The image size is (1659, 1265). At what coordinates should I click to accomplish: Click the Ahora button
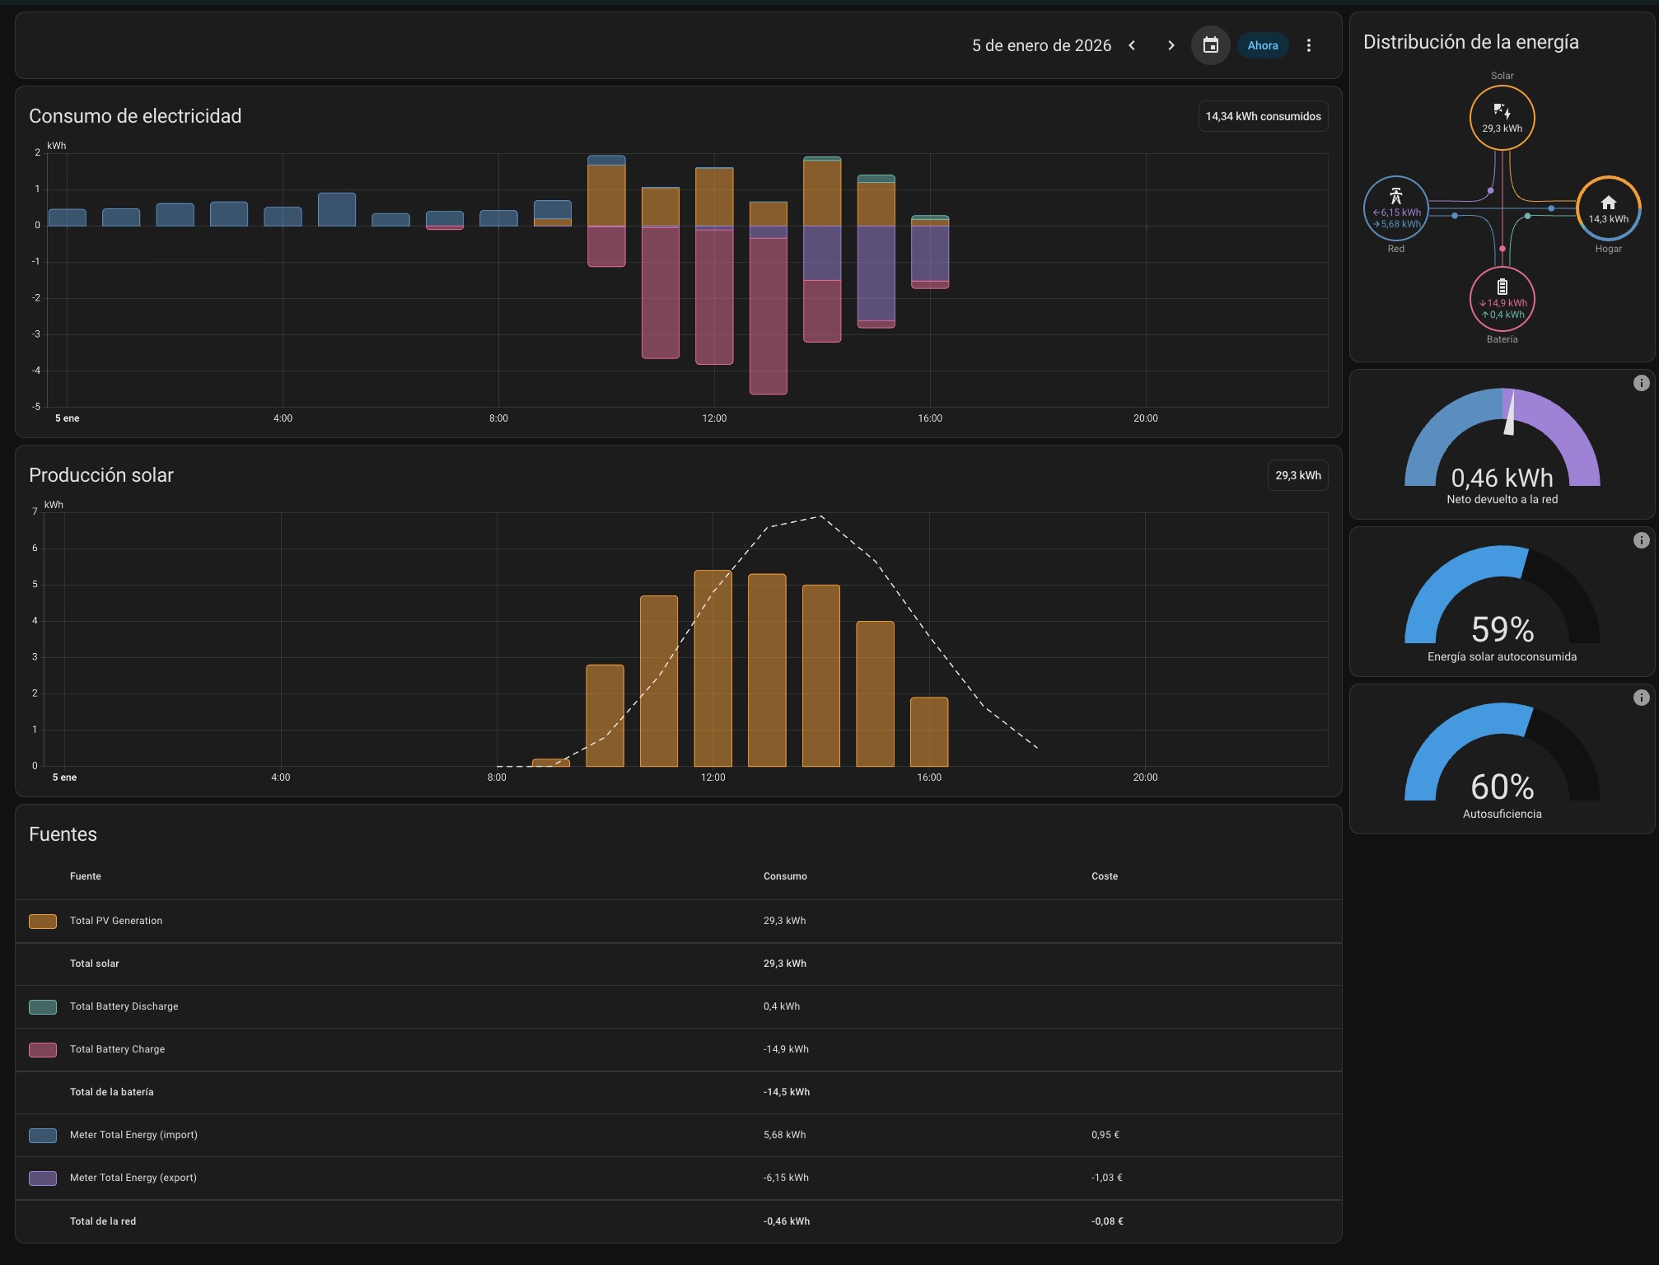1262,45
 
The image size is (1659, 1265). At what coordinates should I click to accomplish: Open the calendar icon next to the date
1210,45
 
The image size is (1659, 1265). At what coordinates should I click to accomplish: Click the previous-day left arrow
1132,45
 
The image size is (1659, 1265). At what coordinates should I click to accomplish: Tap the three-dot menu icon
1308,45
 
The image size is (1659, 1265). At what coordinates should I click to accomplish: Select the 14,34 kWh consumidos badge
1262,116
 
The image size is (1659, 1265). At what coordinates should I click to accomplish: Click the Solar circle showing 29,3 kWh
1502,118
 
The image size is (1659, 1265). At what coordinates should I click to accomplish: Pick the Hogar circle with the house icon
1608,208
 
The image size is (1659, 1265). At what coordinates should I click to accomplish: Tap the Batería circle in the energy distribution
1502,299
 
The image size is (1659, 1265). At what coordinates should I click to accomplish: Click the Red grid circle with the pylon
1395,208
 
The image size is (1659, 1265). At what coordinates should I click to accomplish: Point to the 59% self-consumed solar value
1502,629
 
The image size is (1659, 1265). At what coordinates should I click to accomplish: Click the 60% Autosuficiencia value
1502,787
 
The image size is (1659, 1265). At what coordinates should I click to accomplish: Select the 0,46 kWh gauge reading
1502,478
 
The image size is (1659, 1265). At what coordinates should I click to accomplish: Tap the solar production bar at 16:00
928,731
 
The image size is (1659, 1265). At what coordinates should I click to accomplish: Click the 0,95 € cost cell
1105,1135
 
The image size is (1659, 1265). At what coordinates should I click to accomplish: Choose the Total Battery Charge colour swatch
43,1049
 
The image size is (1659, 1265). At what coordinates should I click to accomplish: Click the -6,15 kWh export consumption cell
785,1178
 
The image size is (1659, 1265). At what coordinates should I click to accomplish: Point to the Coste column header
1104,876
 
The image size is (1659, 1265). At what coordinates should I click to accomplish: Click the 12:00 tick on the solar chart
713,777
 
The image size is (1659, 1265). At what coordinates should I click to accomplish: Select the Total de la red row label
103,1221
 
